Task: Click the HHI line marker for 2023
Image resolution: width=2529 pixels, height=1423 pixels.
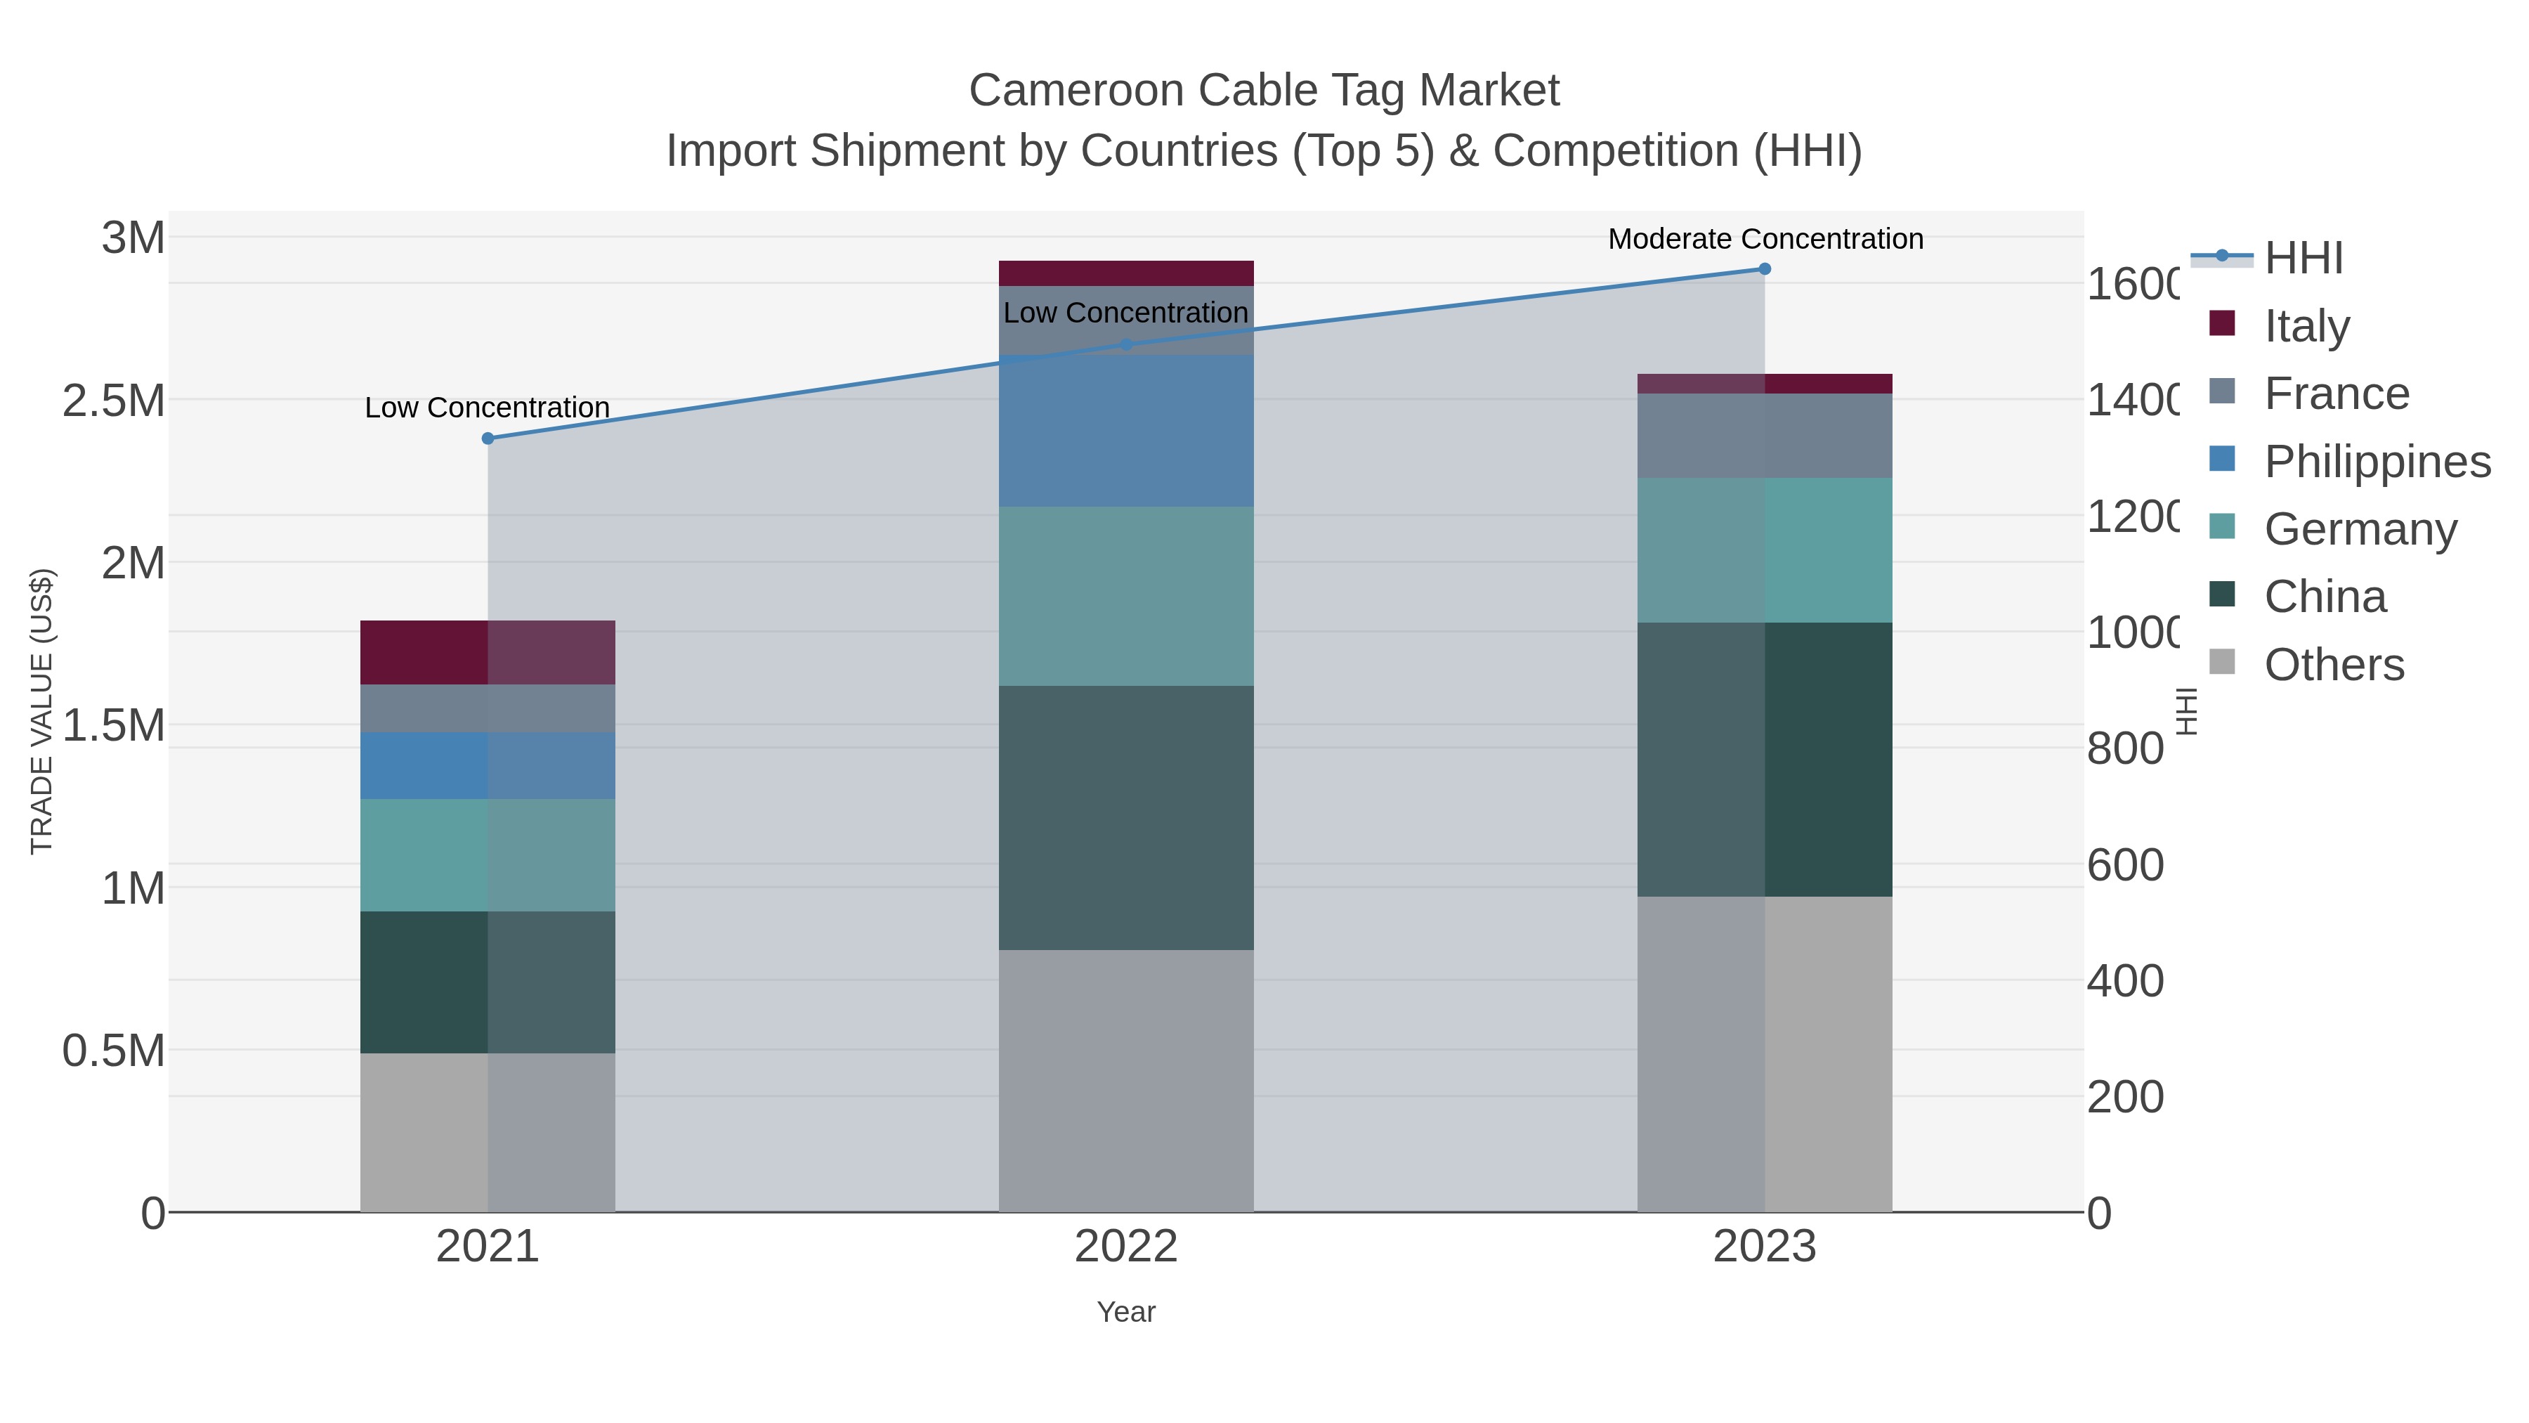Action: [1764, 269]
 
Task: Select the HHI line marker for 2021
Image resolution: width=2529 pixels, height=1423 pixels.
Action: [488, 438]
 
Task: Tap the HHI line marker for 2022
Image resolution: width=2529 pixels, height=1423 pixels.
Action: [1126, 345]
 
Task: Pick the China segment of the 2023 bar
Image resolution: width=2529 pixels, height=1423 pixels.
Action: [1764, 759]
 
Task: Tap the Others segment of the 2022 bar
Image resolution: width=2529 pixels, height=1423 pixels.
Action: [1126, 1080]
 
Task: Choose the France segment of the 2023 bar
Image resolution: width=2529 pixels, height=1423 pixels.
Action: [1764, 435]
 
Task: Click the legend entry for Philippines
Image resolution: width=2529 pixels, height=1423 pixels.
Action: [2377, 462]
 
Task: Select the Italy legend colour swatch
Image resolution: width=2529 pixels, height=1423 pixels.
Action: [2222, 323]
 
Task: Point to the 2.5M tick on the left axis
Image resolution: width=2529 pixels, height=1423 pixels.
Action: [113, 401]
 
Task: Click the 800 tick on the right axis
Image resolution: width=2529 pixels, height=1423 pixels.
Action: [2124, 749]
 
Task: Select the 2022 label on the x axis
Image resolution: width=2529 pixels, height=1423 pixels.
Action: [1126, 1247]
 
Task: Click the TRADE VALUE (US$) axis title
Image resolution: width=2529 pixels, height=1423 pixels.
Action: [41, 711]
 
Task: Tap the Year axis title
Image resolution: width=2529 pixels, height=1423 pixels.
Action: [1126, 1312]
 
